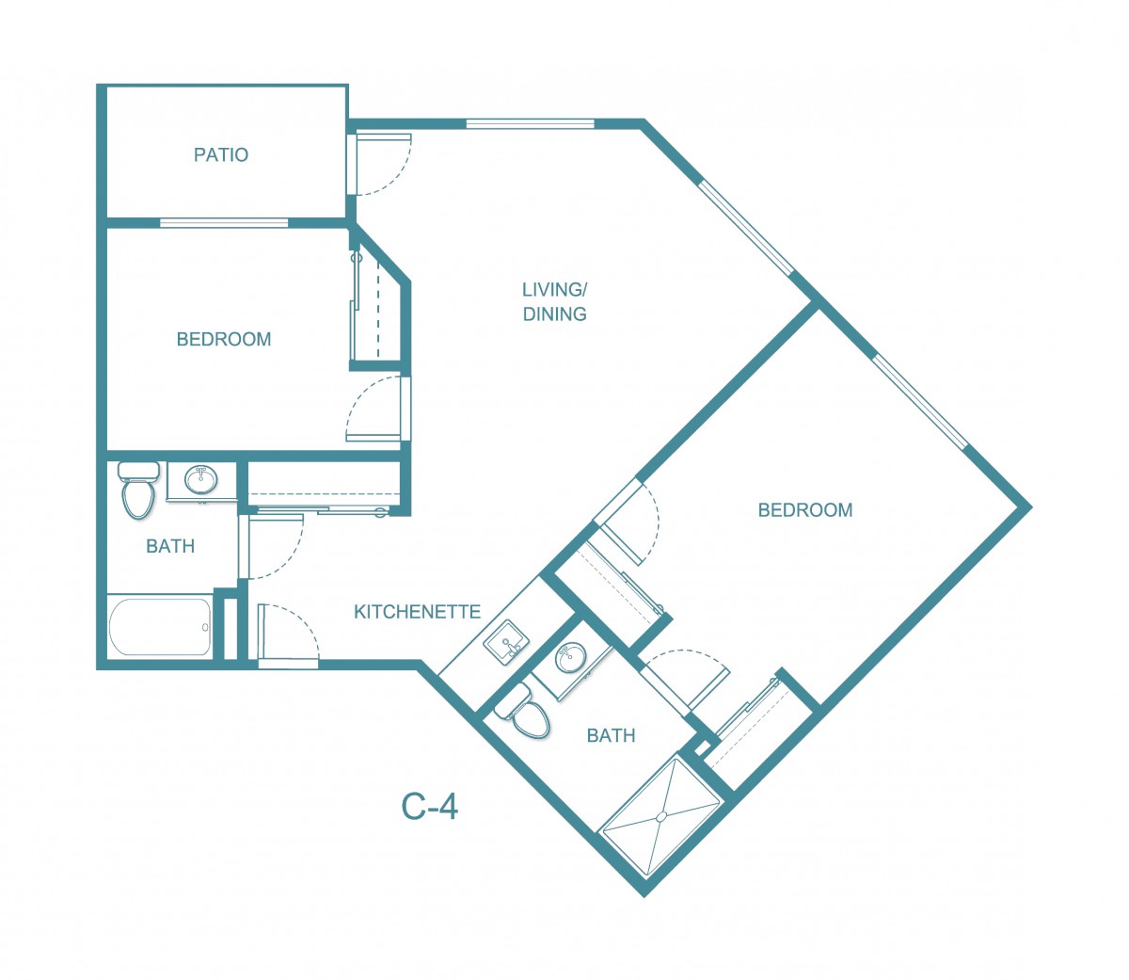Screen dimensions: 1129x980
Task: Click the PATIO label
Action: click(x=221, y=154)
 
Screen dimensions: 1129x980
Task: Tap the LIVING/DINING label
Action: click(x=554, y=301)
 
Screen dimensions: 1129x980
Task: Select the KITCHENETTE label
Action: click(x=417, y=612)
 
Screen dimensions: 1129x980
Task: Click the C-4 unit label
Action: click(x=430, y=807)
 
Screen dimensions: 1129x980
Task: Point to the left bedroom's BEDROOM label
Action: click(x=224, y=339)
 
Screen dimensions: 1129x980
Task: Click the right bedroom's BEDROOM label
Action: click(x=805, y=510)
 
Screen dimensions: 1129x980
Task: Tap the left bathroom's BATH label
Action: click(x=170, y=546)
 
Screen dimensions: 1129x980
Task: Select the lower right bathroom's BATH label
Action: click(x=611, y=735)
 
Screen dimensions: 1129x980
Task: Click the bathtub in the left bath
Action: click(x=160, y=626)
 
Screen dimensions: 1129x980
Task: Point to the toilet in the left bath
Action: click(x=137, y=490)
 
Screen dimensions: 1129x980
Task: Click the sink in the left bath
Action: click(x=200, y=480)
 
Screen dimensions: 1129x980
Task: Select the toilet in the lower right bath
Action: click(x=524, y=713)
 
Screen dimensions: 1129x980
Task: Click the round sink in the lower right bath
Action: click(x=570, y=657)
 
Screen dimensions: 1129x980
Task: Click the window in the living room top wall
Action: click(x=531, y=123)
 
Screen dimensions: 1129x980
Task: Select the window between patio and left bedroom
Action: click(x=224, y=222)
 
